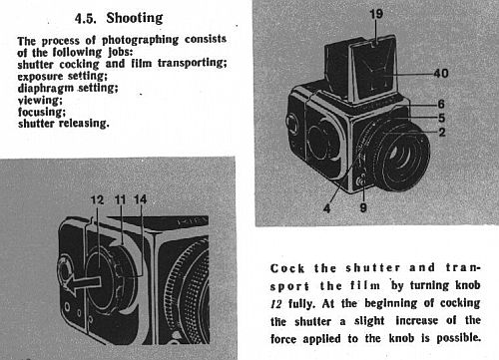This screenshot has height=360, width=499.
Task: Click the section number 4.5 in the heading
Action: point(86,18)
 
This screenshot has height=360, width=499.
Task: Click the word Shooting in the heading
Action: point(135,18)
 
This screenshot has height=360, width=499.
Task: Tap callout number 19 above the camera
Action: point(376,14)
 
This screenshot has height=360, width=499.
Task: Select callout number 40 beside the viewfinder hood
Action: point(441,73)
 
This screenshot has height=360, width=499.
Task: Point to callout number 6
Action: point(441,104)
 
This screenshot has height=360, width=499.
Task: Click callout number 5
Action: point(441,118)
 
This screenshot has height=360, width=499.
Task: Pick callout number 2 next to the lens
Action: point(442,133)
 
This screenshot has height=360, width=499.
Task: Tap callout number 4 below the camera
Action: point(327,208)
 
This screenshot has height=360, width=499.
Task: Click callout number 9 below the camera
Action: point(363,207)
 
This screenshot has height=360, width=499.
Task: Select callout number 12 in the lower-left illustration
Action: point(97,199)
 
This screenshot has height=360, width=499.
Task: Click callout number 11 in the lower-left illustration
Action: point(120,199)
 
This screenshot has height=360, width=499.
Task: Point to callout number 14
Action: point(140,199)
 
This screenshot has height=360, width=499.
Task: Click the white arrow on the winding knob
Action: point(82,283)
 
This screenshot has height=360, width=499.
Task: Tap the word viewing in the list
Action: point(40,100)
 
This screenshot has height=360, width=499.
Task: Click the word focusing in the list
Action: point(42,112)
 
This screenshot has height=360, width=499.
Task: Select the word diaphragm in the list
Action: point(46,89)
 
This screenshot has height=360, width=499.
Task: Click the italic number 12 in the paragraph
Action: point(276,304)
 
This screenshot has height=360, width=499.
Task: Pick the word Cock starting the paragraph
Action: point(287,268)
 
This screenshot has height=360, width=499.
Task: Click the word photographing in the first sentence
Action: point(140,40)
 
